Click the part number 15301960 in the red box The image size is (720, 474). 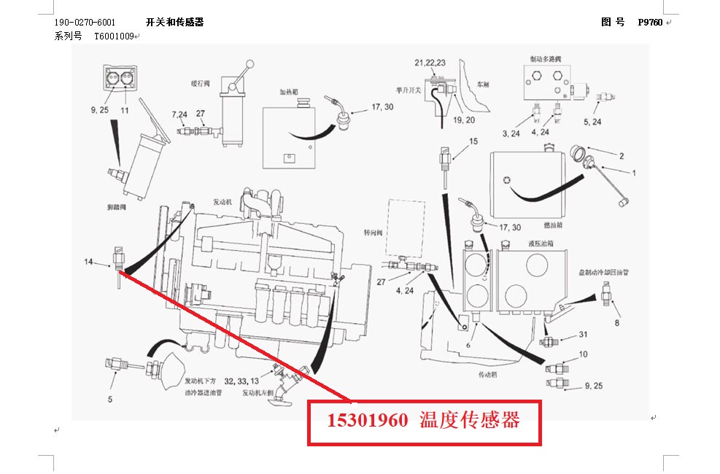coord(367,421)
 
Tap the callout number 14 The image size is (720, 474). coord(88,261)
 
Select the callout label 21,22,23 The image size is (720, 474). coord(430,63)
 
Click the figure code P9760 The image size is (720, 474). coord(649,23)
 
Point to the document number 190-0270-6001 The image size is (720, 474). coord(85,23)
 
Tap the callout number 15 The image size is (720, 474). coord(473,141)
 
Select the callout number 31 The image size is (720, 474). coord(583,335)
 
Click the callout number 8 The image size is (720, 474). coord(616,322)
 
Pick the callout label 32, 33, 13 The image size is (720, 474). coord(241,381)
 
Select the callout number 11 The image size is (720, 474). coord(125,110)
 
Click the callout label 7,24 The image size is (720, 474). coord(179,114)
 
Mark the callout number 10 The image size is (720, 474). coord(583,354)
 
